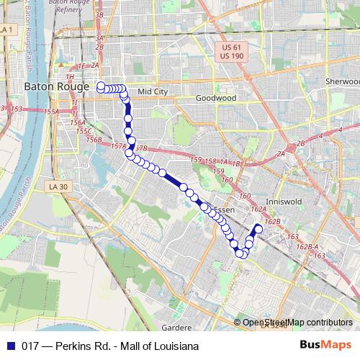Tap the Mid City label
[x=152, y=91]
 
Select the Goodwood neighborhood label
[x=215, y=97]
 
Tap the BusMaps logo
[x=325, y=346]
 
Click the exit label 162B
[x=272, y=222]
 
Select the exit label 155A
[x=50, y=112]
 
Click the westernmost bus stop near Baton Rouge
[x=101, y=87]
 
